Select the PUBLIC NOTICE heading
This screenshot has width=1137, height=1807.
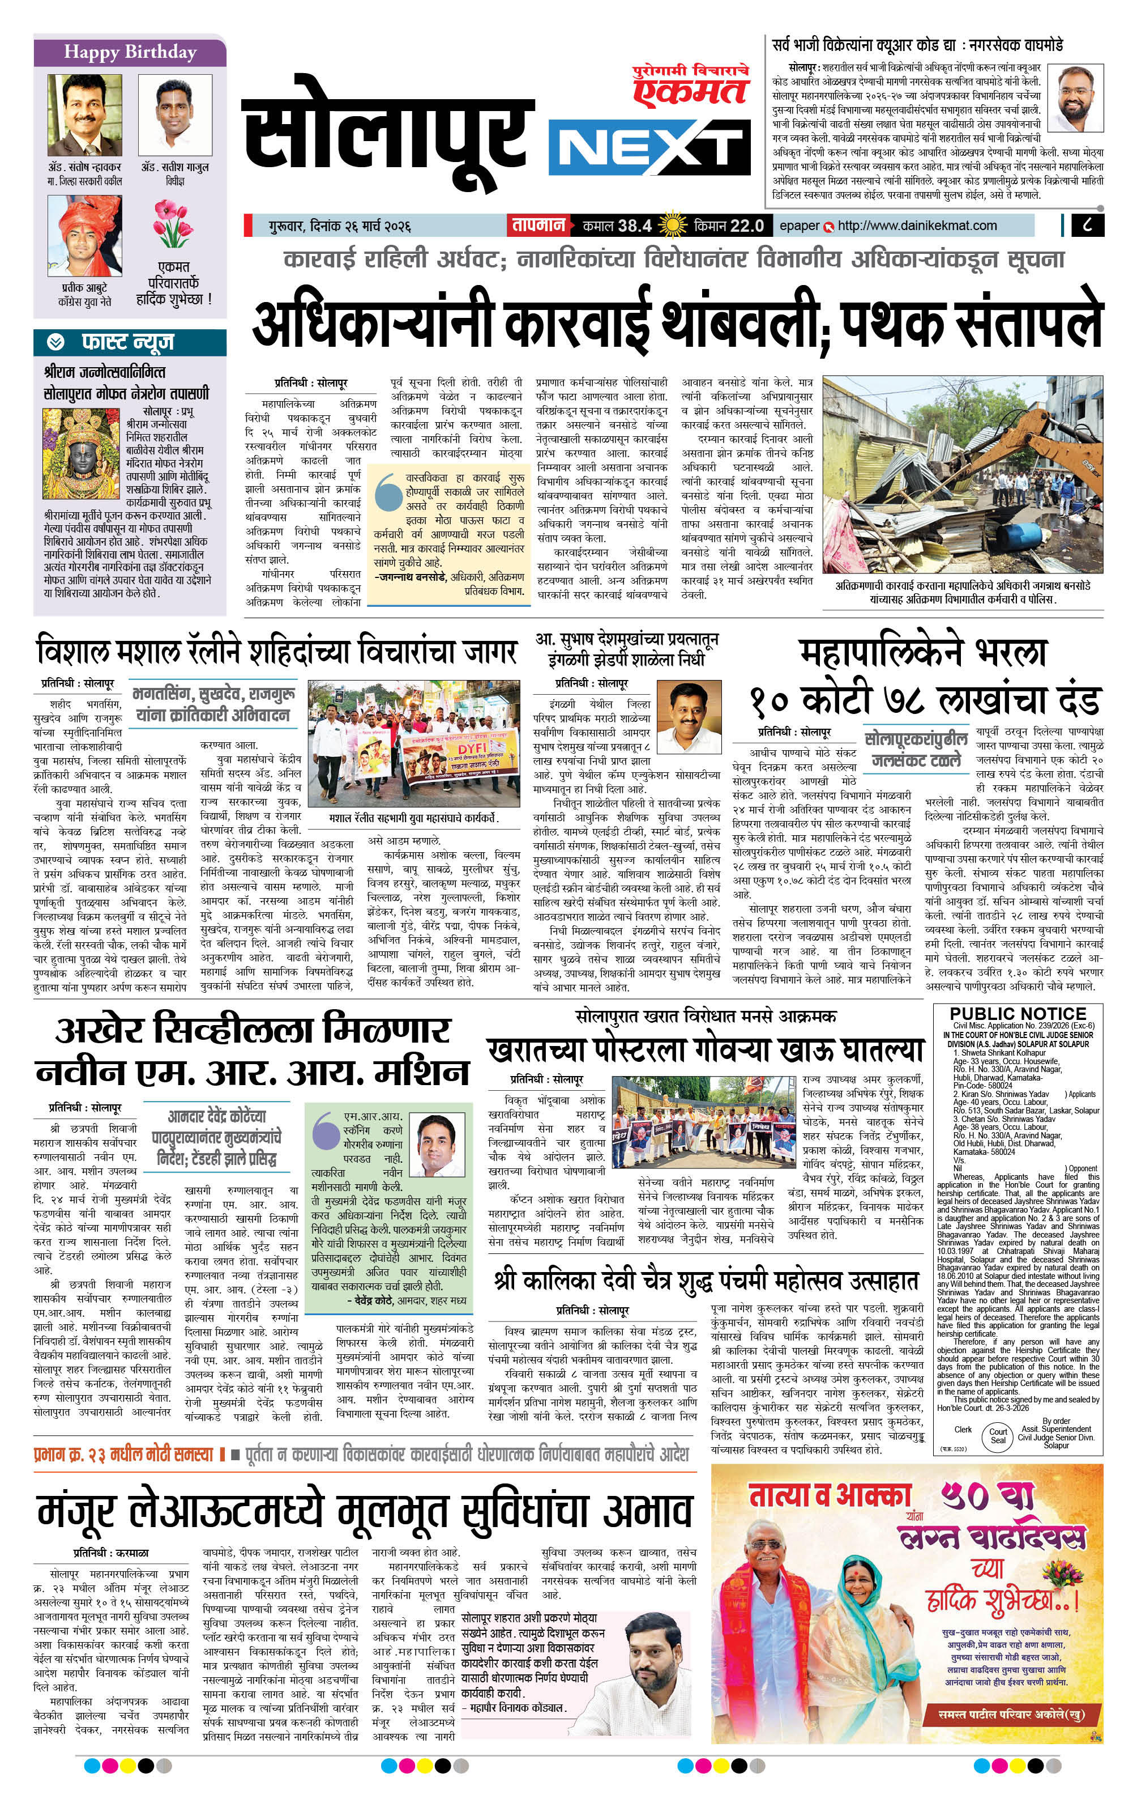(x=1018, y=1014)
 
